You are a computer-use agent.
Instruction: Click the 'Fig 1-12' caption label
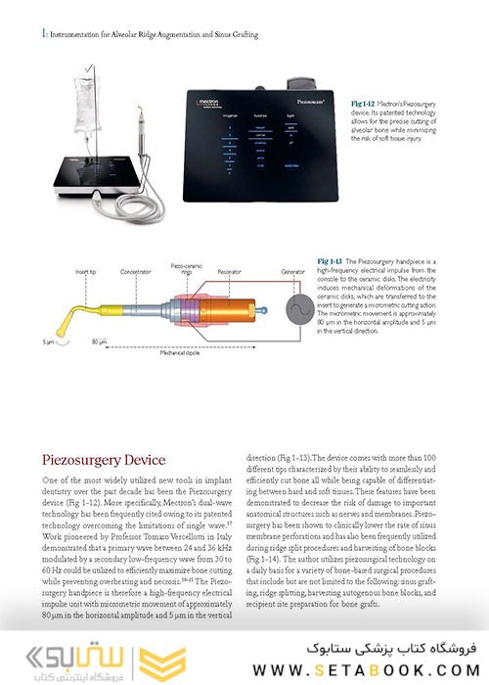364,102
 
